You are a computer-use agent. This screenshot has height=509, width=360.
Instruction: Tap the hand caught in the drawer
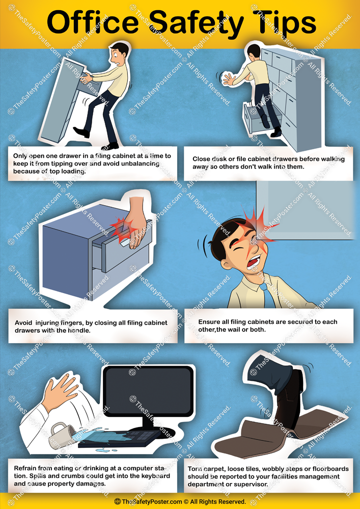pos(129,224)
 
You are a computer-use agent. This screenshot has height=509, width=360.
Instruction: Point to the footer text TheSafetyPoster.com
pos(151,501)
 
